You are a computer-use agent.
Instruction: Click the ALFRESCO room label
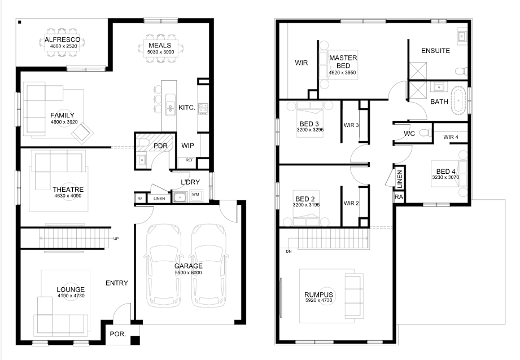pyautogui.click(x=62, y=39)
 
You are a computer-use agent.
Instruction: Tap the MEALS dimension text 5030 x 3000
pyautogui.click(x=160, y=52)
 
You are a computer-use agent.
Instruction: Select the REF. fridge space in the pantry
pyautogui.click(x=190, y=160)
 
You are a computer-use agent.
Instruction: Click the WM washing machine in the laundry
pyautogui.click(x=196, y=195)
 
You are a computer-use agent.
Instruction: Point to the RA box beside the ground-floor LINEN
pyautogui.click(x=140, y=199)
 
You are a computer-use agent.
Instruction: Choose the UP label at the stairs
pyautogui.click(x=116, y=239)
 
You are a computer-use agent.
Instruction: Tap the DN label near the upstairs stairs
pyautogui.click(x=289, y=252)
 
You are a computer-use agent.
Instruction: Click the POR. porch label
pyautogui.click(x=118, y=334)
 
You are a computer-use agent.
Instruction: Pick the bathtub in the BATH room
pyautogui.click(x=458, y=101)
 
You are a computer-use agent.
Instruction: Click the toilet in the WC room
pyautogui.click(x=426, y=133)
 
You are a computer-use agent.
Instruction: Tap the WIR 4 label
pyautogui.click(x=451, y=137)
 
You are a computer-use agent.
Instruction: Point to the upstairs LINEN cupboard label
pyautogui.click(x=399, y=179)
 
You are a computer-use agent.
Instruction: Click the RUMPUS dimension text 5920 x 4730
pyautogui.click(x=318, y=301)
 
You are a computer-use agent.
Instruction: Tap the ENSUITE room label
pyautogui.click(x=435, y=51)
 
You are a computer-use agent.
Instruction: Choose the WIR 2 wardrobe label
pyautogui.click(x=351, y=203)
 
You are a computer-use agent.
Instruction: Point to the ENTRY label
pyautogui.click(x=117, y=283)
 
